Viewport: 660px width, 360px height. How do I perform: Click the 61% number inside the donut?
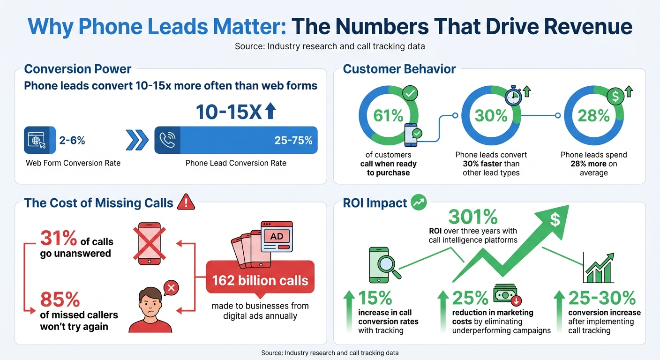point(388,115)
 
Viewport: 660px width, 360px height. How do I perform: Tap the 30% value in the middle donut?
point(491,115)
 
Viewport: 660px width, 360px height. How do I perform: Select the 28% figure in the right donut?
point(593,115)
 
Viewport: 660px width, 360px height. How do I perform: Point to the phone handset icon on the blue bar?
point(167,140)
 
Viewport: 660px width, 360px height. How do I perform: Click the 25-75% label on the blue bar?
point(293,140)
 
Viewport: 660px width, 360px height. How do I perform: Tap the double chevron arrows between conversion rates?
point(136,140)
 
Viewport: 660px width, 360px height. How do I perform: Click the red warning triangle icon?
point(186,202)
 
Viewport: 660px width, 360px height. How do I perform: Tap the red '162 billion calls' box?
point(260,281)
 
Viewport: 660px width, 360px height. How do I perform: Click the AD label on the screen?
point(277,236)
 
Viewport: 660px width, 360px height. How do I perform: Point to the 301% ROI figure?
point(472,217)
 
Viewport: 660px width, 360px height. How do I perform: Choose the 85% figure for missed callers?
point(60,300)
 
